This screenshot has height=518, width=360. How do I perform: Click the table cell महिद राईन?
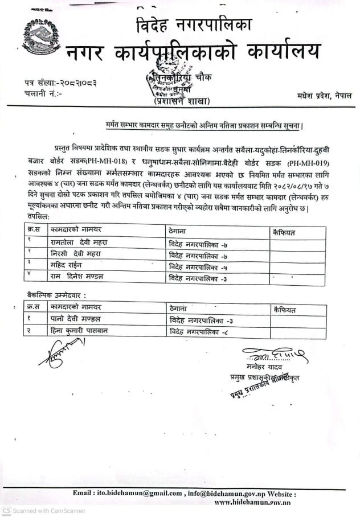[x=69, y=266]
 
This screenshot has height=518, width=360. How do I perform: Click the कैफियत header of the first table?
[x=285, y=232]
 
